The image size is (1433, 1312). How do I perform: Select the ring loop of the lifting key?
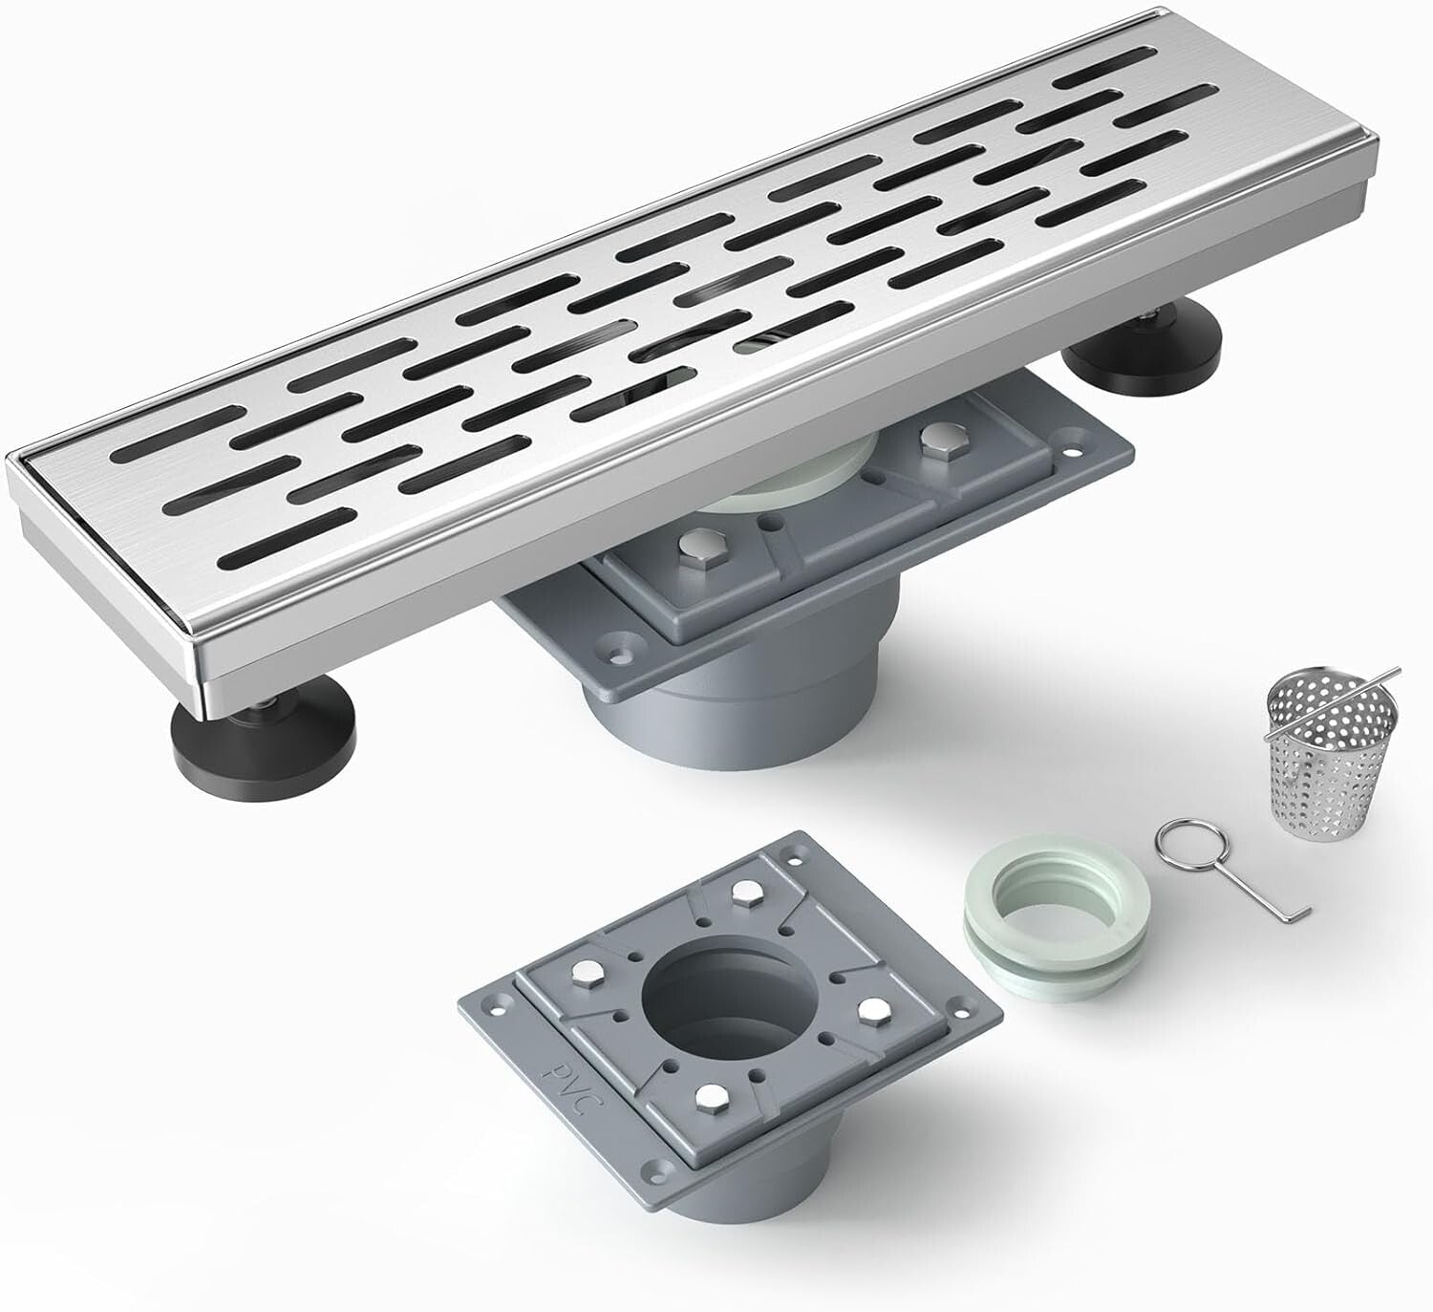click(1178, 842)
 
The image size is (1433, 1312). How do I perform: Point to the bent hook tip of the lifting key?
click(1302, 918)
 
